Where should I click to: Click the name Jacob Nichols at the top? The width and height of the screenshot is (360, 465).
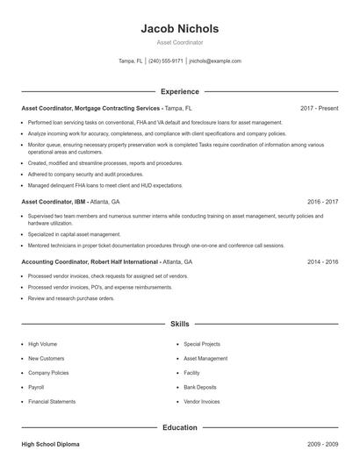point(179,28)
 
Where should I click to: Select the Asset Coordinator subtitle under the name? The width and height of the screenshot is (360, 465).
point(179,41)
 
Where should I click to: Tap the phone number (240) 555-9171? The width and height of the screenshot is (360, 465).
point(166,61)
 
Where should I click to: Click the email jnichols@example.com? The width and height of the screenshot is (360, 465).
point(215,61)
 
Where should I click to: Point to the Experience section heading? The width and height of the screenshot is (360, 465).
point(179,91)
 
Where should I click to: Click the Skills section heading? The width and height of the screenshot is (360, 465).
point(179,324)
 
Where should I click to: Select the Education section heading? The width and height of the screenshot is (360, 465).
point(179,427)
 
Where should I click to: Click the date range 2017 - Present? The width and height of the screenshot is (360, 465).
point(319,108)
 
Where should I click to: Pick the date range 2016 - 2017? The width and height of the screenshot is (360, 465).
point(323,202)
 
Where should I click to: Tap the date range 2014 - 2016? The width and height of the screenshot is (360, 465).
point(323,262)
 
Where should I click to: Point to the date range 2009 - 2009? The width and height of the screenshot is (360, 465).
point(323,445)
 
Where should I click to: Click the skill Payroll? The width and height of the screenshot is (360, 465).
point(37,386)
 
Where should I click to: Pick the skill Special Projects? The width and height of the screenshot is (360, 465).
point(202,344)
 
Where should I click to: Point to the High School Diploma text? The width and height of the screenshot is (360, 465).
point(50,445)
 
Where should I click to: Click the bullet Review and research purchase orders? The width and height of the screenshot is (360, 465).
point(71,298)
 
